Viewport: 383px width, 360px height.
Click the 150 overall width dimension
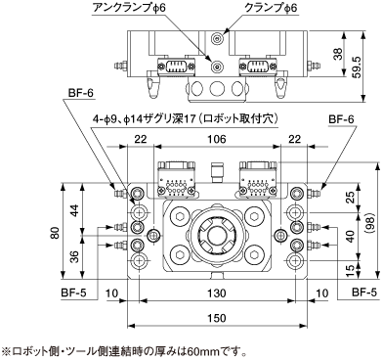click(217, 317)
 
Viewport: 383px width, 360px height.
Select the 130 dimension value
click(217, 293)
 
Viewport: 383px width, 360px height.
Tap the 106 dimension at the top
click(217, 139)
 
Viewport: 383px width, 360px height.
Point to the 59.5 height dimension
click(358, 67)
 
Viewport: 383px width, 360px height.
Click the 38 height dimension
click(338, 54)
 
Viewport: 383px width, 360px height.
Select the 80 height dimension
click(56, 232)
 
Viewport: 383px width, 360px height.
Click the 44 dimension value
click(75, 210)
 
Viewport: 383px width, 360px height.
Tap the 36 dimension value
click(75, 257)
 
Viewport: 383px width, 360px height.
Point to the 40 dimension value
click(350, 237)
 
